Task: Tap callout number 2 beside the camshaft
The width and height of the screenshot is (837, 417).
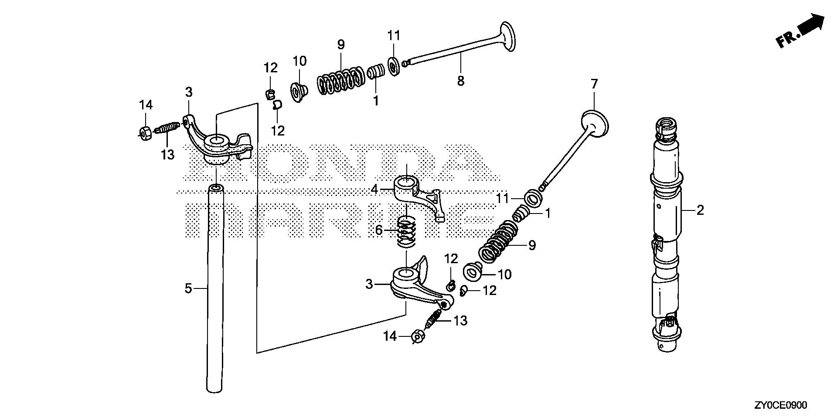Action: (700, 210)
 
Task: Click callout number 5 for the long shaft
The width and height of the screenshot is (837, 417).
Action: (188, 288)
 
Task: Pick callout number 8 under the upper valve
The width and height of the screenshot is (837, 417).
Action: (461, 81)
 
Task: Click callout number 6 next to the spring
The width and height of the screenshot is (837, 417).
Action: (379, 230)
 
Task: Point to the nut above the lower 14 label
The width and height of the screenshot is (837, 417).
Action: (418, 337)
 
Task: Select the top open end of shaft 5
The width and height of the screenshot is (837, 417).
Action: (215, 189)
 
